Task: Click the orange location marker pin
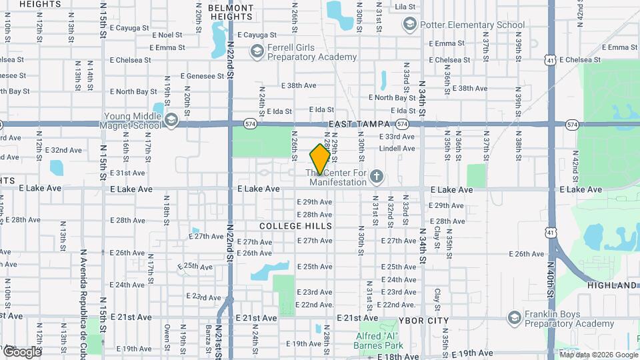[x=320, y=159]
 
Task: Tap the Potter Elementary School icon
[x=409, y=25]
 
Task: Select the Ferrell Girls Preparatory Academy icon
[x=257, y=51]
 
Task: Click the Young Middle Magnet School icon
[x=171, y=120]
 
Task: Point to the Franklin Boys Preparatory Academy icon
[x=513, y=318]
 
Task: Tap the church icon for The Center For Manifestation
[x=377, y=177]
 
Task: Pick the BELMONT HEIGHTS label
[x=231, y=13]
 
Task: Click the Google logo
[x=21, y=351]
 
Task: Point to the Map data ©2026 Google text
[x=599, y=355]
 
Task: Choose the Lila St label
[x=405, y=7]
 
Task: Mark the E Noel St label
[x=167, y=35]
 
